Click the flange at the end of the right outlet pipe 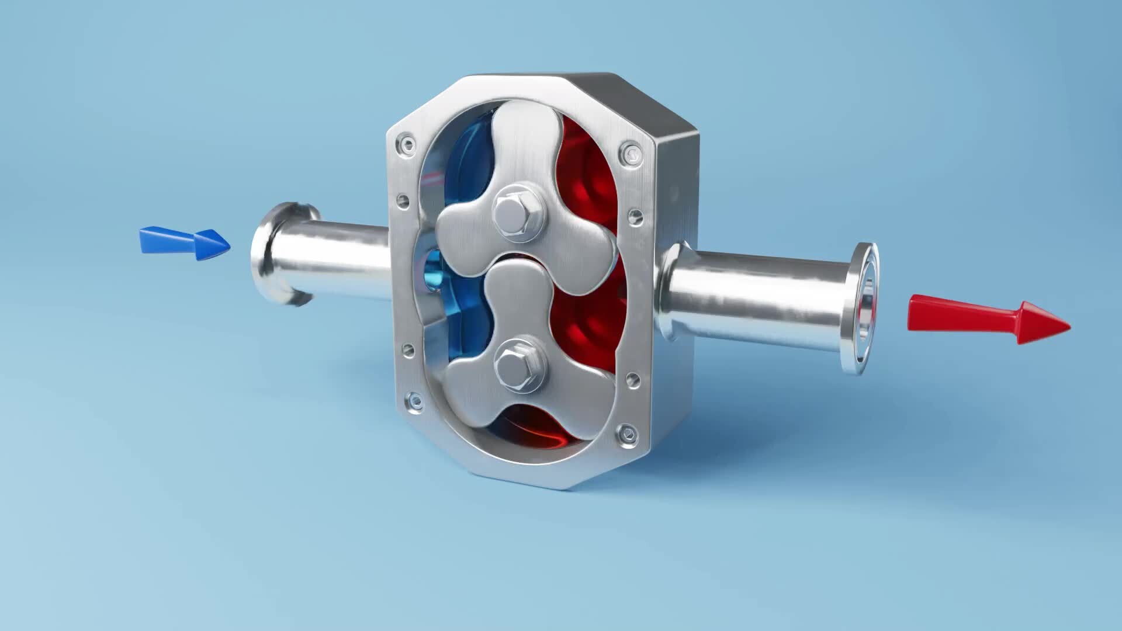[x=862, y=308]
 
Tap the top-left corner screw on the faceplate [x=406, y=144]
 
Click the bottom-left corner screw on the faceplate [x=414, y=401]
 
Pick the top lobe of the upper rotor [x=523, y=134]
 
